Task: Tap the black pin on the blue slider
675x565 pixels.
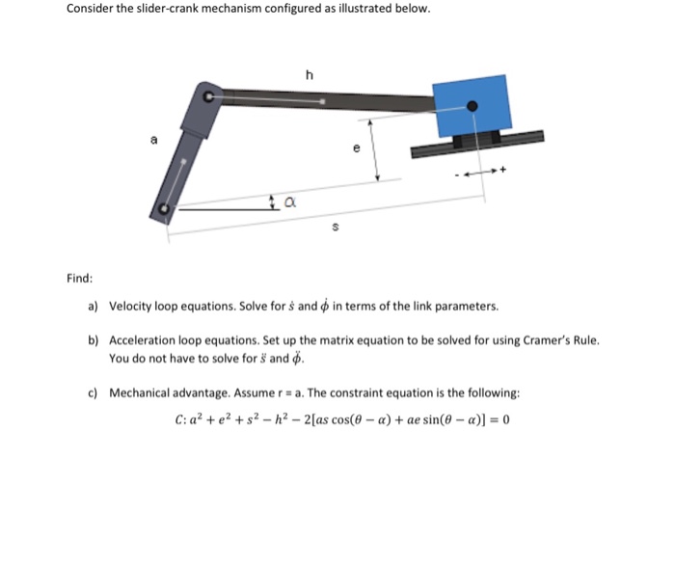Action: [x=472, y=107]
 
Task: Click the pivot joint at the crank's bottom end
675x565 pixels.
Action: [x=164, y=208]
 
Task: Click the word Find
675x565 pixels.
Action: [x=80, y=279]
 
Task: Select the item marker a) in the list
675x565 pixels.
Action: [x=94, y=307]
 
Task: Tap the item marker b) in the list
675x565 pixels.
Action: [x=94, y=341]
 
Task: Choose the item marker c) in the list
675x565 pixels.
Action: [x=94, y=392]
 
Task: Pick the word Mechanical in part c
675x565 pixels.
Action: [x=143, y=392]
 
